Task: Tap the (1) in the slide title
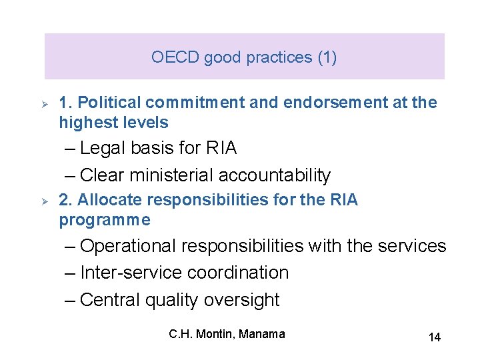[327, 57]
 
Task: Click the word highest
[83, 123]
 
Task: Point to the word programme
[105, 220]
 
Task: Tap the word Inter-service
[131, 273]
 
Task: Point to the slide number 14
[434, 337]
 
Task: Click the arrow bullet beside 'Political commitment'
[43, 103]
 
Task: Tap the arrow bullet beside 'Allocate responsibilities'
[43, 201]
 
